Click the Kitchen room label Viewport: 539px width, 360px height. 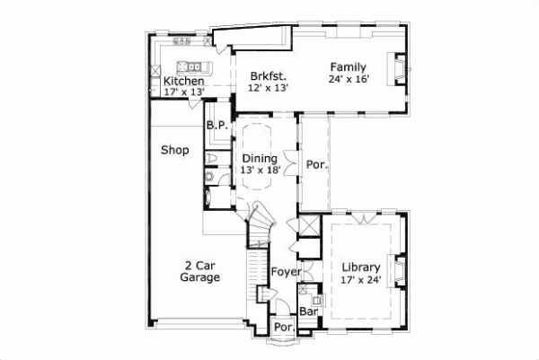[x=183, y=82]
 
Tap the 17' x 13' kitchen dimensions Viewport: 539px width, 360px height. [x=183, y=92]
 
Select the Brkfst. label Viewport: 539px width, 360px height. [x=265, y=76]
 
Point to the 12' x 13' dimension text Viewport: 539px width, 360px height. [x=265, y=88]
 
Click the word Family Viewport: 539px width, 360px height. [x=348, y=67]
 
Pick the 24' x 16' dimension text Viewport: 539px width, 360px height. [x=348, y=79]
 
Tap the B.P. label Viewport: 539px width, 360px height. [x=216, y=126]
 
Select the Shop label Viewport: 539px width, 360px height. [x=174, y=150]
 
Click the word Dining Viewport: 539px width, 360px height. [x=260, y=158]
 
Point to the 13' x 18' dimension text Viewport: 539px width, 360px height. [x=261, y=170]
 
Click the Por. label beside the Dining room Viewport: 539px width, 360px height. [x=315, y=164]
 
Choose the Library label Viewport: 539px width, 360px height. [x=362, y=268]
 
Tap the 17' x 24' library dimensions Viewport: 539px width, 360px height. [x=362, y=279]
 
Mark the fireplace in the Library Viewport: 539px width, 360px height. [x=402, y=269]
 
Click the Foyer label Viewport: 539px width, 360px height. [x=286, y=271]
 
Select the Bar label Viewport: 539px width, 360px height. [x=308, y=312]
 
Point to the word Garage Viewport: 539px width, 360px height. [x=199, y=278]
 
